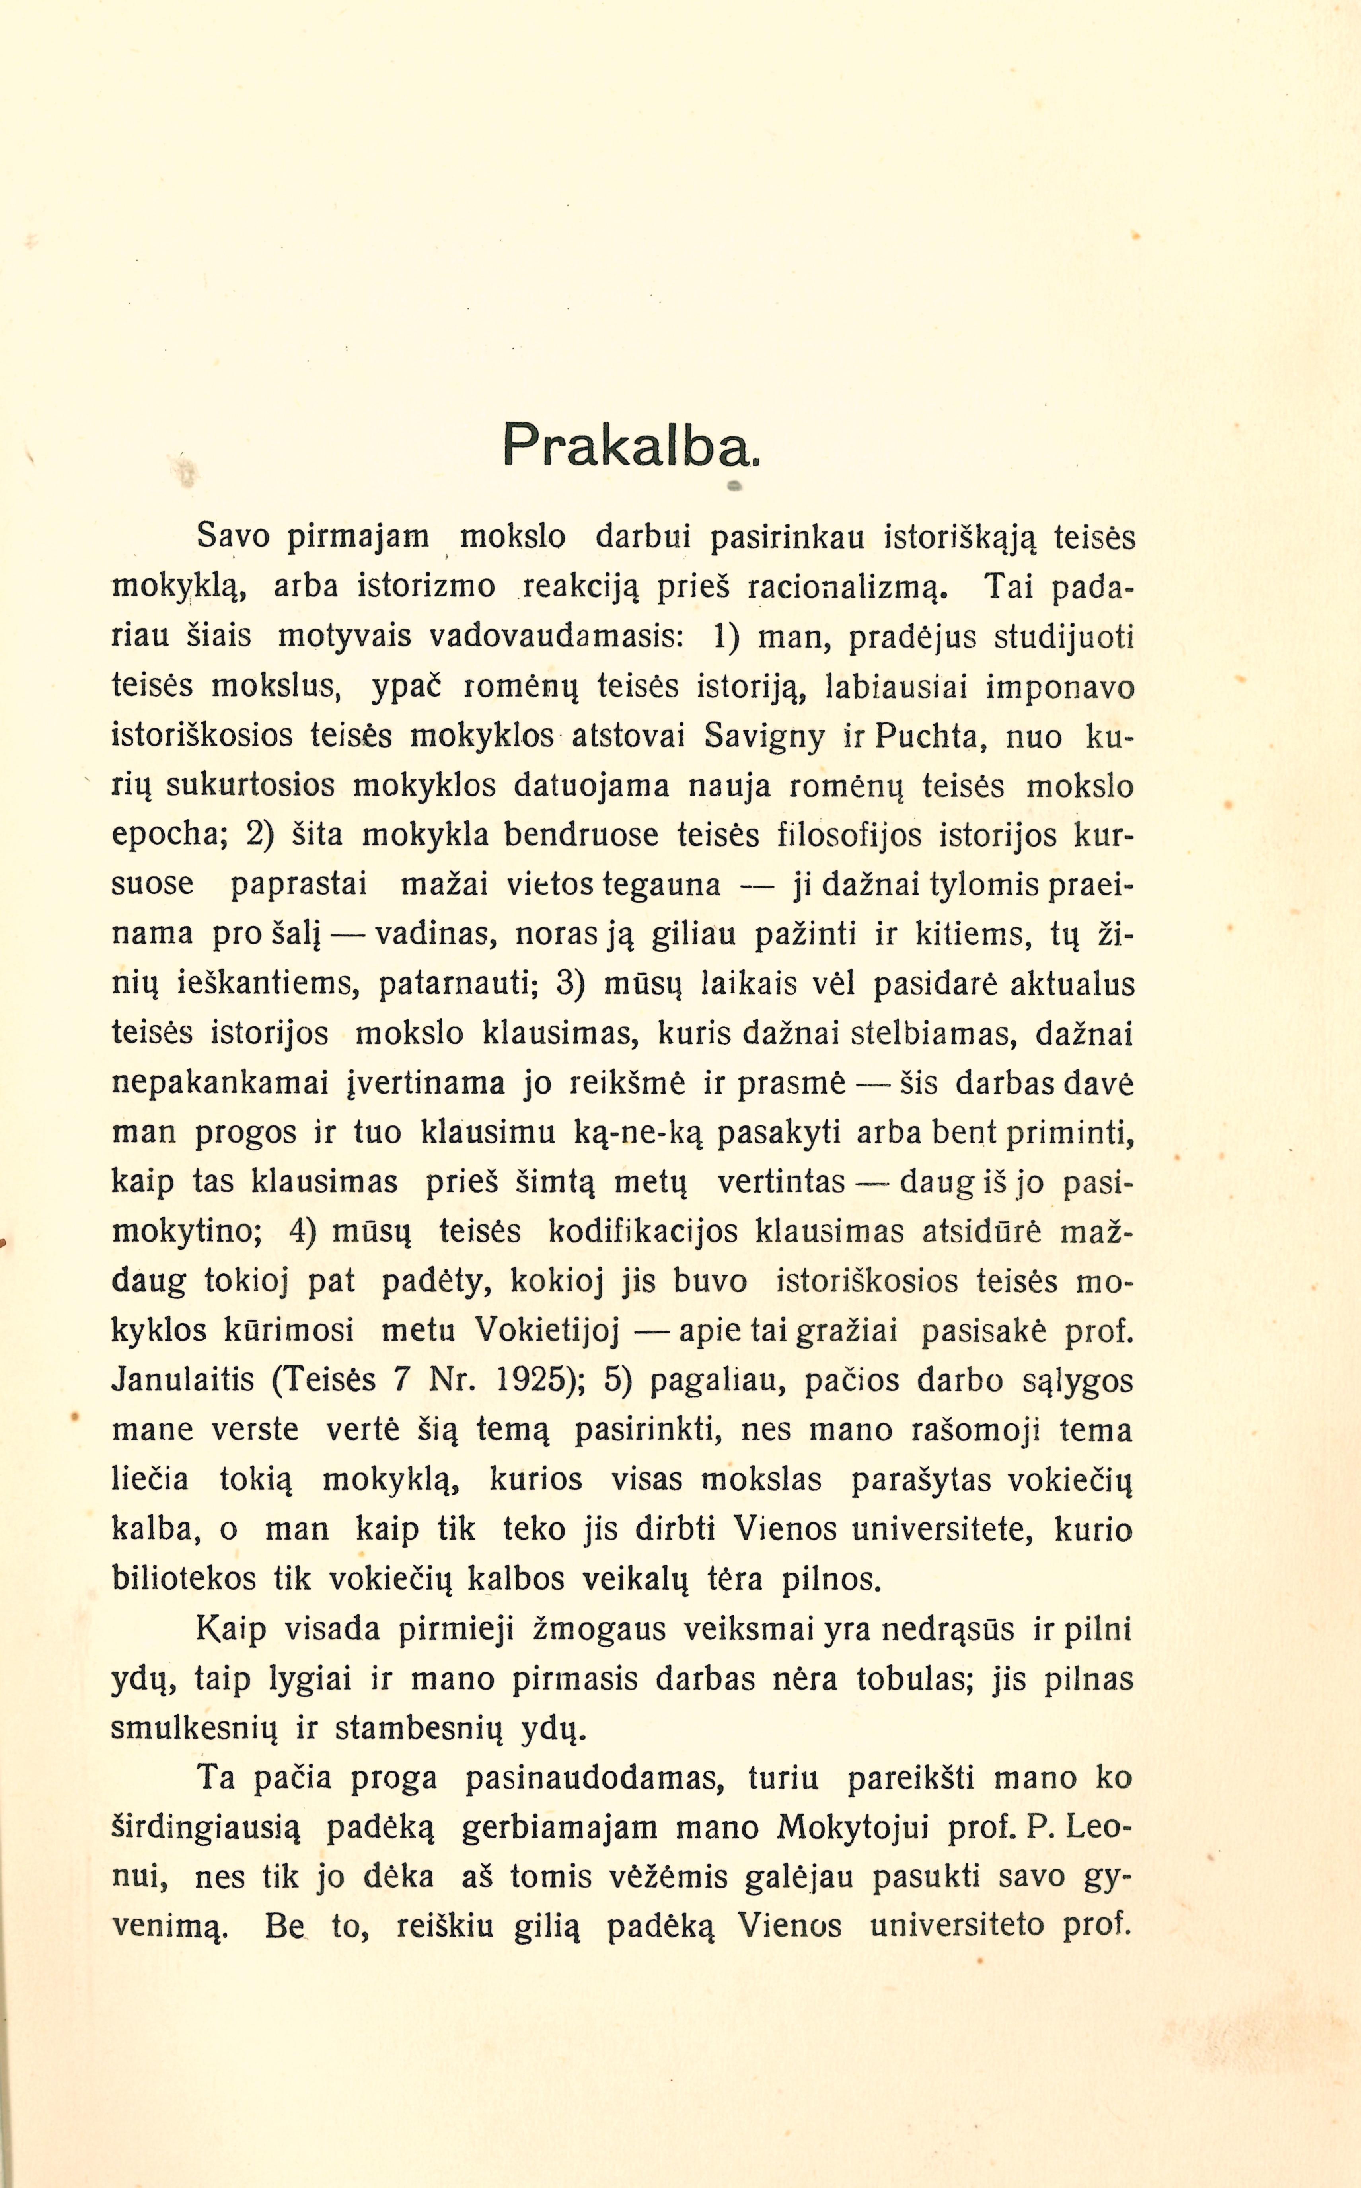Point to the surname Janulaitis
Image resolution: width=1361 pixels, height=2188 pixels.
tap(183, 1380)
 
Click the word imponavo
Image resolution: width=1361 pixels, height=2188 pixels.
tap(1060, 688)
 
